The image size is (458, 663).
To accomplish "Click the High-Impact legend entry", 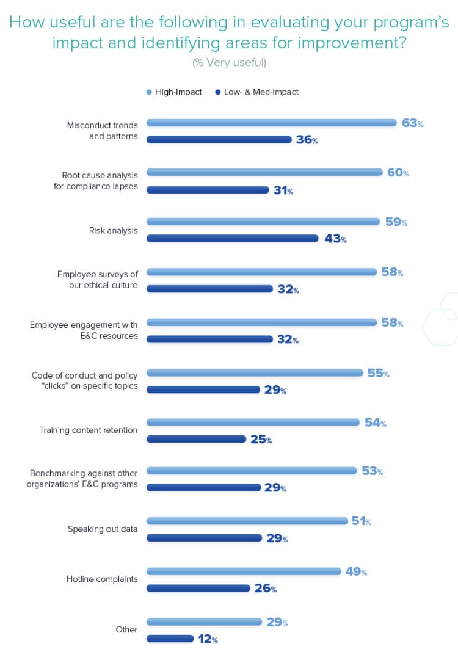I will click(175, 92).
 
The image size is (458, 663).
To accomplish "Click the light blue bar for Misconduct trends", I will click(272, 123).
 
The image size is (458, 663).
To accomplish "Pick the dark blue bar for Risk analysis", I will click(233, 239).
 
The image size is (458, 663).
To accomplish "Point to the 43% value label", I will click(335, 239).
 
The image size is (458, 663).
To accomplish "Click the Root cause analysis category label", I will click(96, 181).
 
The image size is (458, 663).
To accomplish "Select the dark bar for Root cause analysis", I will click(208, 190).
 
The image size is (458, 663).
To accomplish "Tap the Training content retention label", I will click(89, 430).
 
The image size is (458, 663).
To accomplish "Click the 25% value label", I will click(261, 439).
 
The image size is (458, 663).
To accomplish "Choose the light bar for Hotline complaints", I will click(244, 571).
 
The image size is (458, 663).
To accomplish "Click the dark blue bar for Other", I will click(170, 639).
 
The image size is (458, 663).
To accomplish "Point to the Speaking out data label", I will click(103, 529).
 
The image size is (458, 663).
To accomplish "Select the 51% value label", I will click(361, 521).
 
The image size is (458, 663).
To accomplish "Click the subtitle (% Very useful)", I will click(229, 62).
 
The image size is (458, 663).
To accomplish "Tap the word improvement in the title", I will click(339, 43).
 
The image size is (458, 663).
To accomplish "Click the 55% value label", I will click(378, 373).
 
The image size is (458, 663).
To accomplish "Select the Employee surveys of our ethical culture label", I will click(98, 280).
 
